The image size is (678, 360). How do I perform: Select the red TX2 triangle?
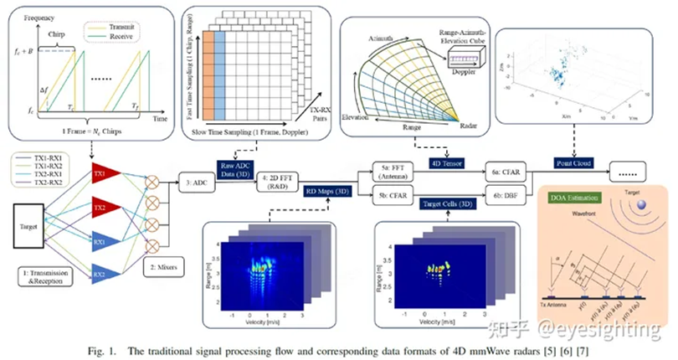(102, 205)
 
